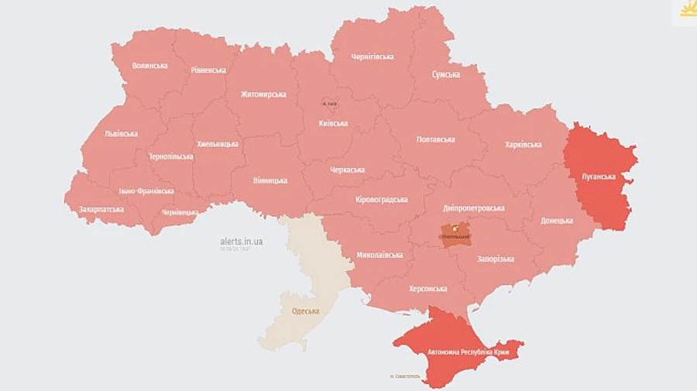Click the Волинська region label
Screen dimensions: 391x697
(x=149, y=66)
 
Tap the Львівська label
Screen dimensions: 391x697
(x=121, y=133)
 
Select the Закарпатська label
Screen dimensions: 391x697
(x=101, y=209)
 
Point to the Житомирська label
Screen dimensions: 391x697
(x=263, y=94)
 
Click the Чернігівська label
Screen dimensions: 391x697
(x=373, y=57)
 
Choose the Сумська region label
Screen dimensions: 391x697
(x=446, y=75)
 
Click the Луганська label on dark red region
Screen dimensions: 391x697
(x=599, y=177)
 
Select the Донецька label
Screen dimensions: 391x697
(x=557, y=221)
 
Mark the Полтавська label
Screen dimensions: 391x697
(x=435, y=139)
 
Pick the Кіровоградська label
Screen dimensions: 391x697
(x=381, y=200)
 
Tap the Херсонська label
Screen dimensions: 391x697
(x=427, y=289)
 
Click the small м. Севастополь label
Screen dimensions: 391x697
(x=405, y=377)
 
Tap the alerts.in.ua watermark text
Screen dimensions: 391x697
(x=241, y=242)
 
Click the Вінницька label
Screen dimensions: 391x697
(x=270, y=180)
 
